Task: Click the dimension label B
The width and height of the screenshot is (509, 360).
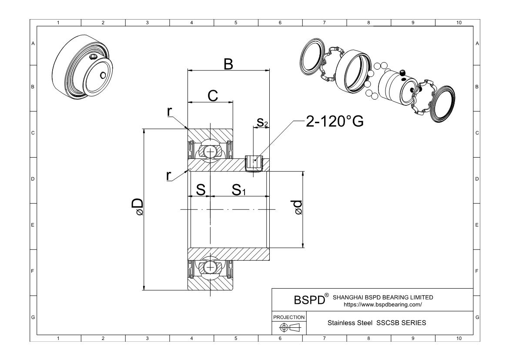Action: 228,64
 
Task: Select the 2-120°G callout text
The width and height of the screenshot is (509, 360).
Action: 334,122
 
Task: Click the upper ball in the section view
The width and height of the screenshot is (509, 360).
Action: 210,151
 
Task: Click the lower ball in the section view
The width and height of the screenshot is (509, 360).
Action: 210,267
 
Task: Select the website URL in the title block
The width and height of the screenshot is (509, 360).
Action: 383,305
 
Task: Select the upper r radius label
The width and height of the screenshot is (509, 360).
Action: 170,111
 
